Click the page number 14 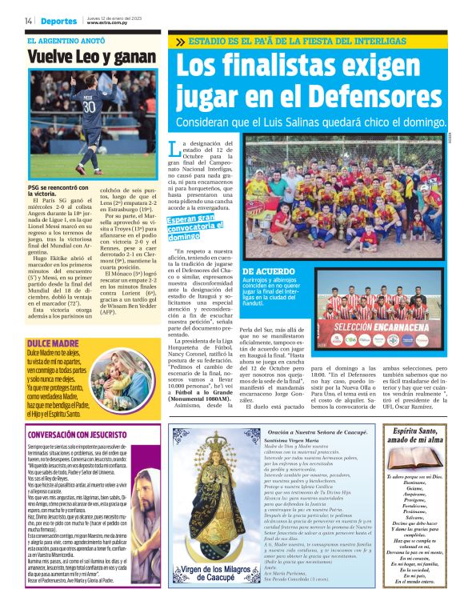coord(28,20)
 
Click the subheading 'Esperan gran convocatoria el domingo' coord(192,227)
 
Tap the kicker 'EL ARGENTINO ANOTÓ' coord(65,40)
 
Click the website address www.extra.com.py coord(104,22)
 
